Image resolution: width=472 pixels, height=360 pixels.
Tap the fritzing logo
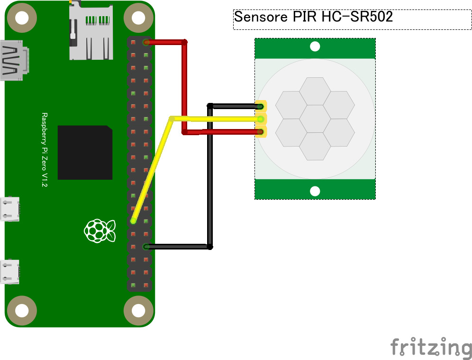tap(431, 348)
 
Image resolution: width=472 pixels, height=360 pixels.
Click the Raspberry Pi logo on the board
tap(100, 231)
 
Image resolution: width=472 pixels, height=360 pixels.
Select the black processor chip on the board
tap(85, 152)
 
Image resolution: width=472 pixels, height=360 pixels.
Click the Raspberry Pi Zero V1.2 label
tap(45, 150)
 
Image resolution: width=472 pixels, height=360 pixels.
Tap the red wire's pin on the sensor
tap(260, 131)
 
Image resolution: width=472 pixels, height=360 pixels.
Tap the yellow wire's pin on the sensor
tap(260, 119)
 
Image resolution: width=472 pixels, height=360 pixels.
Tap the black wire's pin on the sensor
tap(260, 106)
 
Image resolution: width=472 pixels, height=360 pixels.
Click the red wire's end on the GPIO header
tap(146, 42)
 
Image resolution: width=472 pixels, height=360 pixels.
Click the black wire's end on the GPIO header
tap(146, 247)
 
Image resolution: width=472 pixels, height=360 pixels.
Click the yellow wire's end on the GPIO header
tap(134, 221)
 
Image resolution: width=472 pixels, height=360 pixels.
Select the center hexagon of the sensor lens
tap(315, 119)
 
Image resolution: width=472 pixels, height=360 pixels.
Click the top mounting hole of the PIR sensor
tap(315, 46)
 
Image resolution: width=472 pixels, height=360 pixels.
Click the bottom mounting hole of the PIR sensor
tap(315, 191)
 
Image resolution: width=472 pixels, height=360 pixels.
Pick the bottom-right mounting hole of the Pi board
tap(138, 311)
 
